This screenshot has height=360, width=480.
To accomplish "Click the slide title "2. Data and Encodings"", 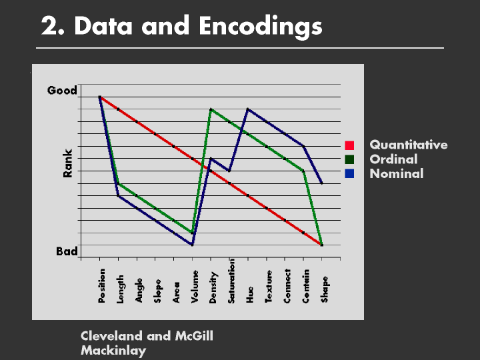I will (181, 26).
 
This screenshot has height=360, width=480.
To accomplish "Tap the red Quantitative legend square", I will (349, 145).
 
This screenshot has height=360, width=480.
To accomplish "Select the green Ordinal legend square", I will (349, 159).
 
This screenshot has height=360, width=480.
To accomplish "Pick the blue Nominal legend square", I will (349, 173).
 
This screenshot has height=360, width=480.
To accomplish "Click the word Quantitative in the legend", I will (409, 145).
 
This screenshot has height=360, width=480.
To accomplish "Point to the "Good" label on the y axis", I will (62, 91).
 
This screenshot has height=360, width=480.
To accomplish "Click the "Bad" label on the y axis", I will (67, 252).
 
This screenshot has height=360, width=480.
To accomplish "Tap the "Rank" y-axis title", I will (67, 163).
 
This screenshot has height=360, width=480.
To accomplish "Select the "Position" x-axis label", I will (102, 285).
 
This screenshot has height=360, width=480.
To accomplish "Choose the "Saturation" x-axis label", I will (232, 281).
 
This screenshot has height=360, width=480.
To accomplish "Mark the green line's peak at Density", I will (211, 109).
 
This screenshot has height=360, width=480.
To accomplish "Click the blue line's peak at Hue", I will (248, 109).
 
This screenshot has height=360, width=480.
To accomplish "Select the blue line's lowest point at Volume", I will (192, 245).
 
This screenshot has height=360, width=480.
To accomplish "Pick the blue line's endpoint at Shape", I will (322, 183).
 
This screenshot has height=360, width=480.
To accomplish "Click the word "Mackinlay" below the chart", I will (113, 350).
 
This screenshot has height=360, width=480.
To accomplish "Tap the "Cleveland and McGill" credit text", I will (147, 336).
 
